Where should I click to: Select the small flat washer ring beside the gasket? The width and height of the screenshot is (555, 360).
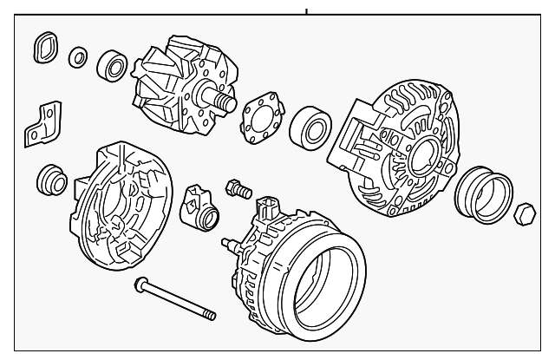click(x=78, y=57)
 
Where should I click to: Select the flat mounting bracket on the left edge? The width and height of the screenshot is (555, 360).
click(x=40, y=123)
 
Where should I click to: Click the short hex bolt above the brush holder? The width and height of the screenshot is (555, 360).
click(x=236, y=187)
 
